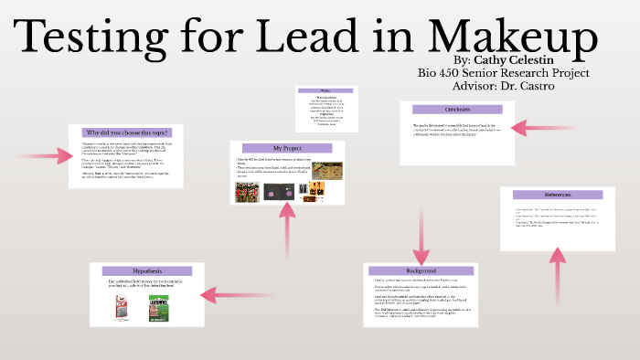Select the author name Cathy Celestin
[x=520, y=59]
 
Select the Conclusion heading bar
[x=457, y=109]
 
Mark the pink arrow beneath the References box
[x=557, y=279]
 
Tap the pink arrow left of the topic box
[x=46, y=157]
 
